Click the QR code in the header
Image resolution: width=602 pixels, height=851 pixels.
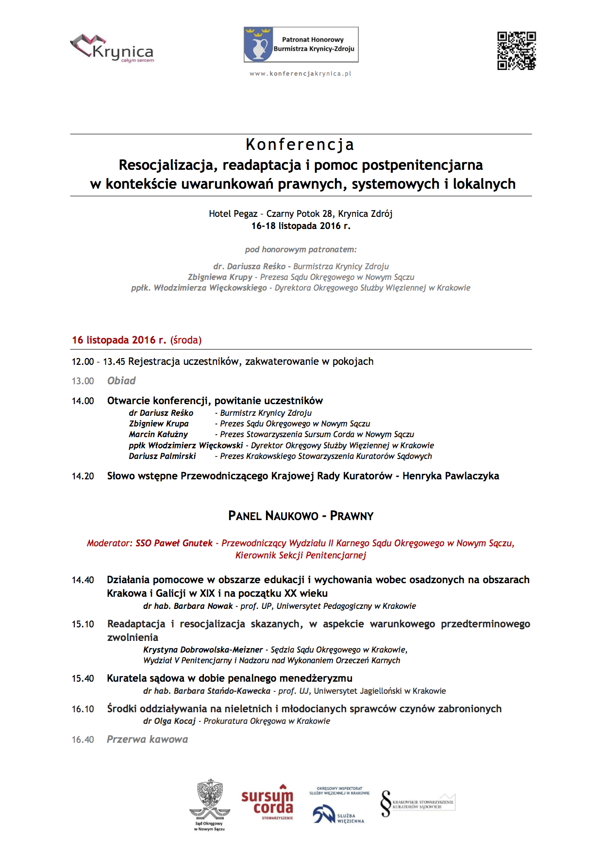(x=516, y=51)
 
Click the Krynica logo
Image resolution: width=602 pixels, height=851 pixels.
(x=113, y=49)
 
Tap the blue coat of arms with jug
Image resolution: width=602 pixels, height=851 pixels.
(x=258, y=45)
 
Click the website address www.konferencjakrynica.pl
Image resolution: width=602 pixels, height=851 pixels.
(x=301, y=74)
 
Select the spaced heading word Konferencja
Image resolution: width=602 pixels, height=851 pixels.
(x=300, y=145)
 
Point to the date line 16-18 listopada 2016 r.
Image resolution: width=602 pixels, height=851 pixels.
(x=301, y=226)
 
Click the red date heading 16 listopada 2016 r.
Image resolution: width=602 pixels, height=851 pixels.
(x=119, y=340)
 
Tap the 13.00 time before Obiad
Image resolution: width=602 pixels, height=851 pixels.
(x=83, y=381)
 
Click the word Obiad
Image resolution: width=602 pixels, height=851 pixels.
(x=121, y=381)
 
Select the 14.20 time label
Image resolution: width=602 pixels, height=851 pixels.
(x=83, y=476)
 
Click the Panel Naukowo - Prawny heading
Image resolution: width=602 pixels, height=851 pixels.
(x=301, y=516)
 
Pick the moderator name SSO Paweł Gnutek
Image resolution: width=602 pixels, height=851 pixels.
(x=174, y=543)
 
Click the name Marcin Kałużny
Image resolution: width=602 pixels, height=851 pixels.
(x=158, y=435)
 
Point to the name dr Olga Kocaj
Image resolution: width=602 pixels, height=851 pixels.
(x=169, y=721)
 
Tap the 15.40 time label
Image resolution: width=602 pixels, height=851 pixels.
(x=83, y=679)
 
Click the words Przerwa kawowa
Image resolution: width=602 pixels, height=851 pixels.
(x=147, y=739)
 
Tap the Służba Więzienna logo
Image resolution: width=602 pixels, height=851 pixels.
(x=339, y=813)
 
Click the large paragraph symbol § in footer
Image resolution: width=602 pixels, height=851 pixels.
(x=385, y=803)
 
